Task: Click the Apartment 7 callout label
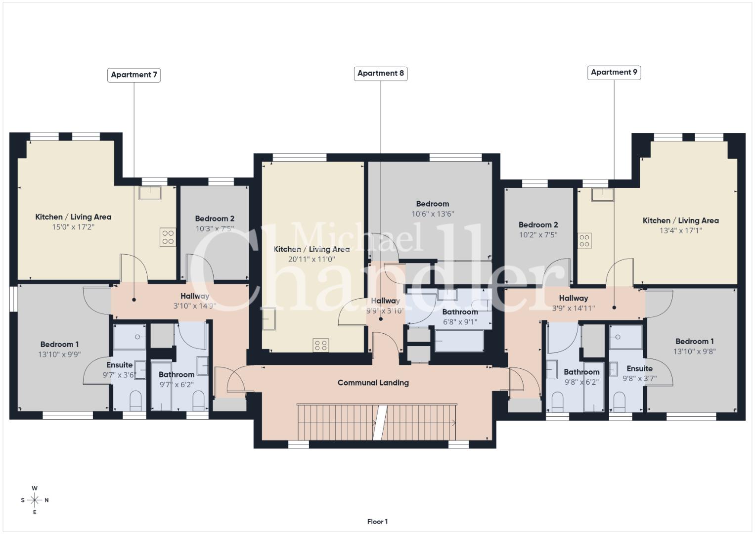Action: coord(134,75)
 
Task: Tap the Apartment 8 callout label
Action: coord(381,74)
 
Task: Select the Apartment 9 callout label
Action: coord(614,73)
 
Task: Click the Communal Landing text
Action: coord(373,383)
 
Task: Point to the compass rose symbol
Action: coord(35,500)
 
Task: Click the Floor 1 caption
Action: coord(378,522)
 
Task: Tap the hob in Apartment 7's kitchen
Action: coord(168,237)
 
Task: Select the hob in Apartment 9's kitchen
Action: coord(584,241)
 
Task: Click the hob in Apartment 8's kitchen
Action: coord(321,346)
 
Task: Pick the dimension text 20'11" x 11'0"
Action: coord(311,259)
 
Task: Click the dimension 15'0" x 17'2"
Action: coord(73,227)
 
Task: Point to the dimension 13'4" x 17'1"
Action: coord(681,230)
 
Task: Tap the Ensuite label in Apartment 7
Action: coord(119,365)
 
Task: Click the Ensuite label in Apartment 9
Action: coord(640,368)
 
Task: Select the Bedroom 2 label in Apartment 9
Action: coord(538,224)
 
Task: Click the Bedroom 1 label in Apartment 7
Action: coord(59,344)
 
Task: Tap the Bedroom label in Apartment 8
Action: coord(433,204)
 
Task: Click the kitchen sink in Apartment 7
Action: coord(150,193)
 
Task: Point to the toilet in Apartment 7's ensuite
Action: coord(135,401)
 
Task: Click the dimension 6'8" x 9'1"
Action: coord(460,322)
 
